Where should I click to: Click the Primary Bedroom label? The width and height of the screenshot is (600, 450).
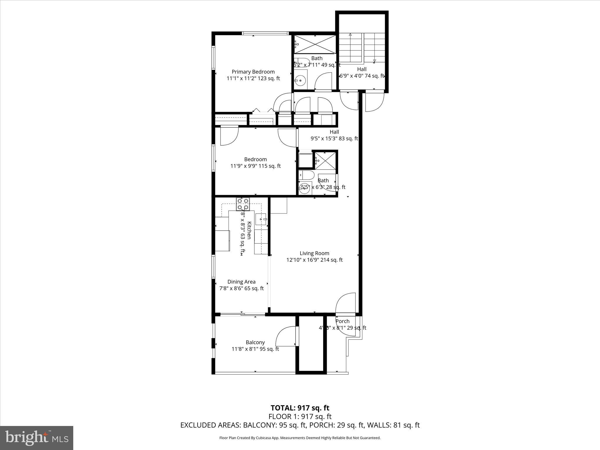pos(253,72)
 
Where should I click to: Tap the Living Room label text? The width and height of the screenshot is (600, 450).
pos(314,253)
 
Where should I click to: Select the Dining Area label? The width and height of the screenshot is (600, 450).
pos(241,282)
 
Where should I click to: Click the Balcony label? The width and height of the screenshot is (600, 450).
pos(255,342)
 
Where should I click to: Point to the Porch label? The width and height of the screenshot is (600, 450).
pos(342,321)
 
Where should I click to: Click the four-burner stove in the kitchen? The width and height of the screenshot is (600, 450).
pos(243,204)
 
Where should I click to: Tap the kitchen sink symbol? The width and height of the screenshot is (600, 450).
pos(261,219)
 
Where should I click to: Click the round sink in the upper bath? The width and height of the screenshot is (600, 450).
pos(300,80)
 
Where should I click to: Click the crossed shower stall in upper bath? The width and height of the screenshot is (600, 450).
pos(315,44)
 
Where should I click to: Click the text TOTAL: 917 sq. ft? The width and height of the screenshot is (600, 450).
pos(300,408)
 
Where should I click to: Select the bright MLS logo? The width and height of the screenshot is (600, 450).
pos(37,438)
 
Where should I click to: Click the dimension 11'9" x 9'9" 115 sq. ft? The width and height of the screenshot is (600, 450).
pos(255,166)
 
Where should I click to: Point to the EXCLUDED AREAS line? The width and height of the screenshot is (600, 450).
pos(300,425)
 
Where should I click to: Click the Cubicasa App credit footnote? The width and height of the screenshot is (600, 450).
pos(300,438)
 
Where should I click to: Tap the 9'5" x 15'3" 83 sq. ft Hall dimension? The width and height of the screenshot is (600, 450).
pos(334,139)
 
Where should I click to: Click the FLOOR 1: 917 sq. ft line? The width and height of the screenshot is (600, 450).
pos(300,416)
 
